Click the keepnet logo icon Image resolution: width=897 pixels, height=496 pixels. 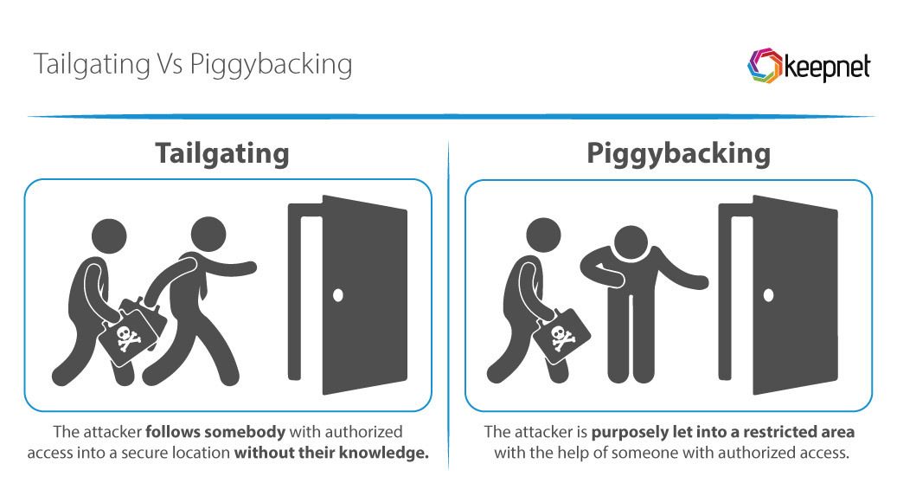point(765,65)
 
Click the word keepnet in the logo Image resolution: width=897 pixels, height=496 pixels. point(827,68)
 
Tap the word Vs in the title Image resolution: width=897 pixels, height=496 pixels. point(170,63)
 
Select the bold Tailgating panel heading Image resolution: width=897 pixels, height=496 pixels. point(222,153)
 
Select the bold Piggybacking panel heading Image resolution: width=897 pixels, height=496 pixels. point(678,153)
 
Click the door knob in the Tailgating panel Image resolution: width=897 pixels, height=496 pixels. point(338,295)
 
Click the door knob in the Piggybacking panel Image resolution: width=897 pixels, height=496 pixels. point(768,295)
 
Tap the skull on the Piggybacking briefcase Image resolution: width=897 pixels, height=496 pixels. point(561,338)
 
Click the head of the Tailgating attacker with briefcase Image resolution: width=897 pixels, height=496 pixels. point(109,235)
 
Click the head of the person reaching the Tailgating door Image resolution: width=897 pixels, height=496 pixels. point(208,234)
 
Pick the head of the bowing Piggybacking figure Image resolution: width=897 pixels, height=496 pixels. point(631,243)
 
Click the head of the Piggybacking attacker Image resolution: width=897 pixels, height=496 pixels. point(543,235)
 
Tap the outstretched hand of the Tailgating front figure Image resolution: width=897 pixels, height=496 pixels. point(247,268)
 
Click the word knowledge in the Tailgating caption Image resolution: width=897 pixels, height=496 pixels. point(382,453)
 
